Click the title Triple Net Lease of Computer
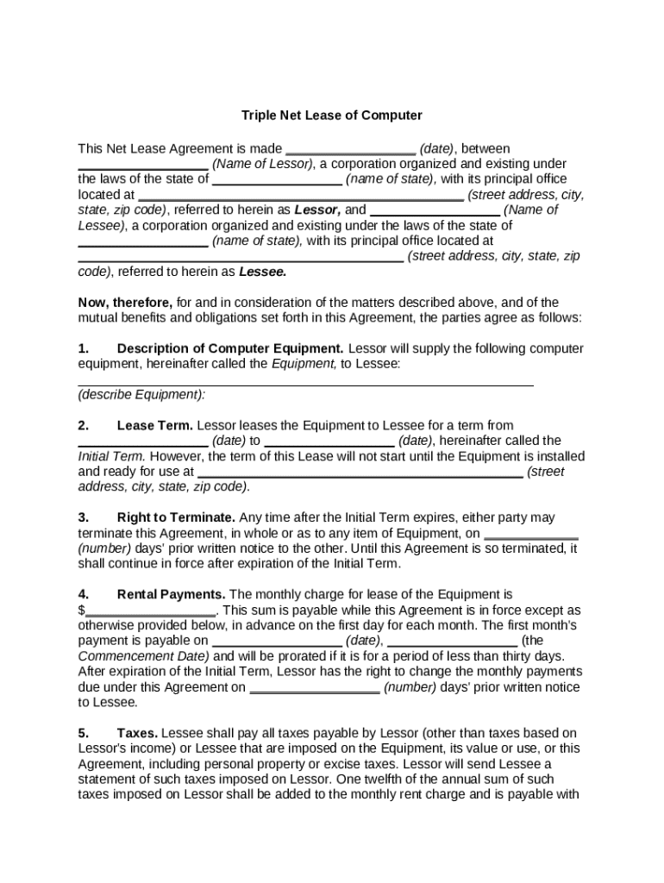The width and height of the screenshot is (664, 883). pos(331,115)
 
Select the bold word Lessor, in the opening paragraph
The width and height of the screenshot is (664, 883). pos(317,210)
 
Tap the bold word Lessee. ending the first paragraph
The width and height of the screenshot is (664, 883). pos(262,272)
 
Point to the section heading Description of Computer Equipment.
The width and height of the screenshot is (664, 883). pos(229,348)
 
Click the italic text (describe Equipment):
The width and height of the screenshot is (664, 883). pos(142,395)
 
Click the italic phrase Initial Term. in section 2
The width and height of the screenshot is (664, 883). pos(111,456)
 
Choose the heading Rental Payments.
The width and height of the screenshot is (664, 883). pos(171,594)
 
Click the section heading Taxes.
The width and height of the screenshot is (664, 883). pos(137,733)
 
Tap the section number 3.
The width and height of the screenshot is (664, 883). pos(84,517)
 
